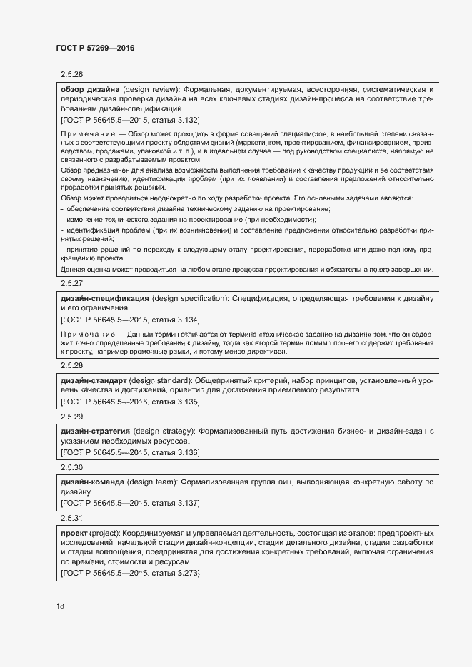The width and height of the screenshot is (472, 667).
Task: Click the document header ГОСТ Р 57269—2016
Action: pos(95,48)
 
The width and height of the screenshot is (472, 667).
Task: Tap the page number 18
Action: pos(60,606)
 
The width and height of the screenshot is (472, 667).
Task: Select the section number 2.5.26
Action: pos(72,74)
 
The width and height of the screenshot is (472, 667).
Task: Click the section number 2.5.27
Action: pos(72,282)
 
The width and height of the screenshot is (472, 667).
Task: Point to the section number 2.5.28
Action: pos(72,365)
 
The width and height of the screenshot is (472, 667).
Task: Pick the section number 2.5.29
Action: pos(72,416)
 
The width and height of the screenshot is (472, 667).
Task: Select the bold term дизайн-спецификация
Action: pos(105,297)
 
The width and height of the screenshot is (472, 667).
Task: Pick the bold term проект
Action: pos(76,533)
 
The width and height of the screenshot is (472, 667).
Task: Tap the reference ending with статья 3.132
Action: pos(131,121)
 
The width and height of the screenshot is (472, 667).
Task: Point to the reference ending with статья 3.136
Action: pos(131,452)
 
